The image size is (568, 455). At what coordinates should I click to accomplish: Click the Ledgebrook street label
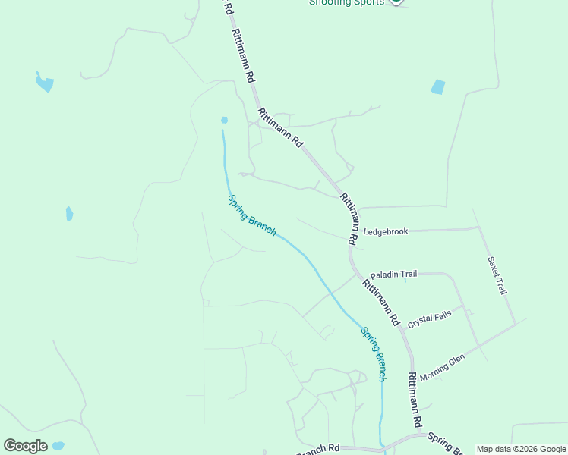click(x=386, y=231)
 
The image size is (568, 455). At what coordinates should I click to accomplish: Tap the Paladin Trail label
click(x=393, y=274)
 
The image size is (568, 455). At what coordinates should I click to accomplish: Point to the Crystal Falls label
click(x=429, y=319)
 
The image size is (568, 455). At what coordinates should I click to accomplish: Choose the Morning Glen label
click(x=441, y=368)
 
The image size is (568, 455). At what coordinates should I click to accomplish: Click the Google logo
click(x=25, y=446)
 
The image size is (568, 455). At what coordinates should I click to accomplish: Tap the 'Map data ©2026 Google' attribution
click(x=522, y=449)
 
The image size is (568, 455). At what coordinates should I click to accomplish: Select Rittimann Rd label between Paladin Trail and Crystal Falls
click(x=380, y=303)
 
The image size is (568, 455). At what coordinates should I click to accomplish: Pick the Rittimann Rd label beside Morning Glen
click(x=414, y=399)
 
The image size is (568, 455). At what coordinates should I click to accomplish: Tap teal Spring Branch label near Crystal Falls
click(x=374, y=353)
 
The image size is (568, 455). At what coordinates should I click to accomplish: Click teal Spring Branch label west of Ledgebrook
click(x=251, y=215)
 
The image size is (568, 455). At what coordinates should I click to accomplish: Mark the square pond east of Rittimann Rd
click(x=438, y=87)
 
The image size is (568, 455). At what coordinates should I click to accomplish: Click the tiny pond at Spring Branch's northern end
click(x=224, y=120)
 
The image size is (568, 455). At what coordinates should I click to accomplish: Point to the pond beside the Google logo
click(x=58, y=446)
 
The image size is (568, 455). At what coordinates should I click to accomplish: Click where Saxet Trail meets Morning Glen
click(x=516, y=324)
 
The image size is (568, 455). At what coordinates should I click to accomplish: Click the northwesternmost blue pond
click(x=44, y=82)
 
